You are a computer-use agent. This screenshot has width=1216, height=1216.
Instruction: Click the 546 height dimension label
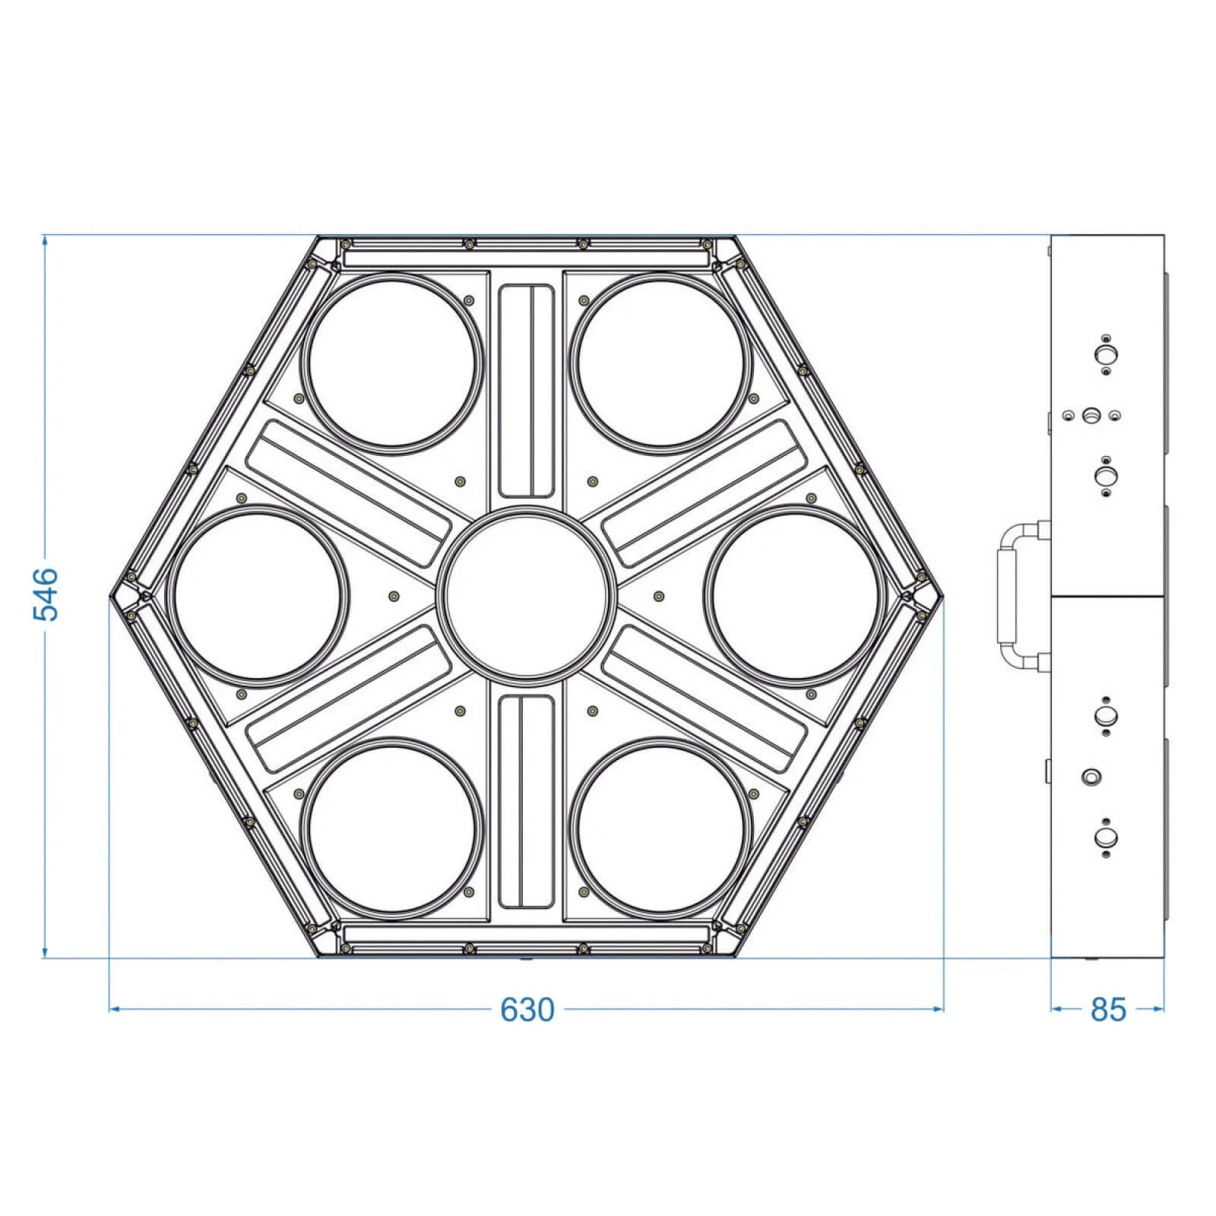[x=47, y=594]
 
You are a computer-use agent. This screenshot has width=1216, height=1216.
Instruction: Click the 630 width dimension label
[x=527, y=1010]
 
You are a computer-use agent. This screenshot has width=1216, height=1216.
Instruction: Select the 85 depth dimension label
[x=1107, y=1010]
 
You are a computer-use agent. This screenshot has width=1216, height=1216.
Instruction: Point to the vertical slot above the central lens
[x=526, y=390]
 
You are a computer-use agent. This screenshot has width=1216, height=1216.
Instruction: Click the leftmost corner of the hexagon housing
[x=111, y=595]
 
